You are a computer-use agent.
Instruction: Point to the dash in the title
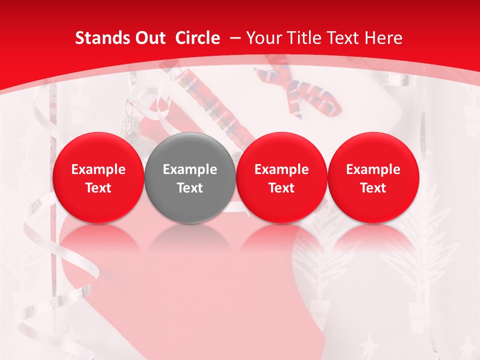pos(233,38)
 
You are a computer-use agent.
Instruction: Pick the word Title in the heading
pos(301,38)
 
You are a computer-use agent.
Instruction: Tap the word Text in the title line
pos(340,38)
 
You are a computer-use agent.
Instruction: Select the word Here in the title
pos(382,38)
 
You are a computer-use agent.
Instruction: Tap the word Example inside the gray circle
pos(190,169)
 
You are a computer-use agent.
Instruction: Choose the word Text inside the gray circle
pos(190,188)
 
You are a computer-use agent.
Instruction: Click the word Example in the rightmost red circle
pos(373,169)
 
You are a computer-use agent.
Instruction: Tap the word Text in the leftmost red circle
pos(98,188)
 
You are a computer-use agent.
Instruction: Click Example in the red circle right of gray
pos(281,169)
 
